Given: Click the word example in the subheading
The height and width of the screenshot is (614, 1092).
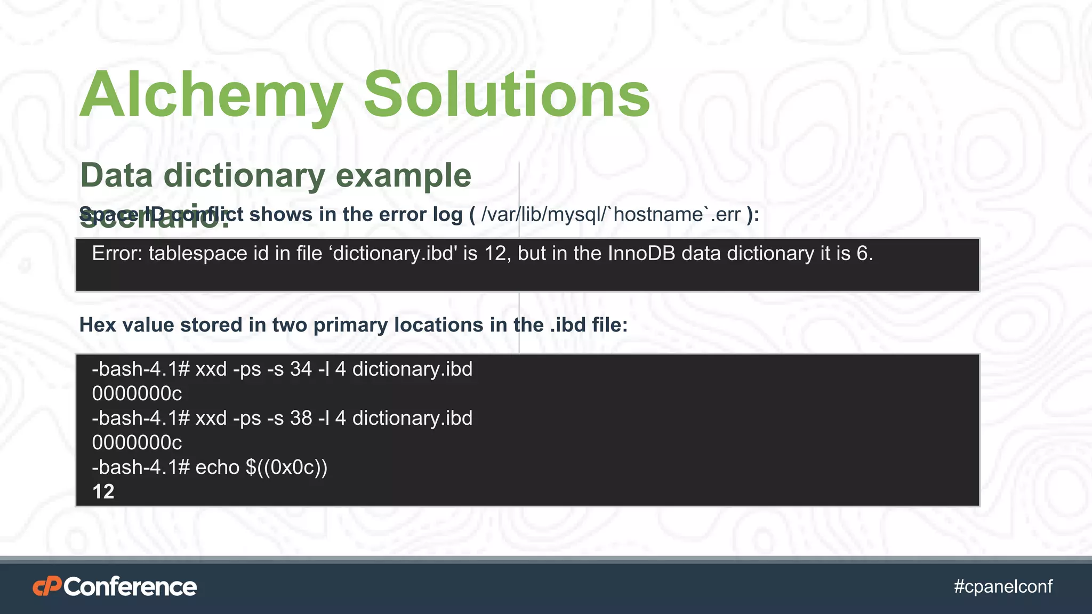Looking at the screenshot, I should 404,175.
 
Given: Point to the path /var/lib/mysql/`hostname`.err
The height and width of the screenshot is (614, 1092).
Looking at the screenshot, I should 611,214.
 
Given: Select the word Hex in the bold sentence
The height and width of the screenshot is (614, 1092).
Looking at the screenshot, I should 98,325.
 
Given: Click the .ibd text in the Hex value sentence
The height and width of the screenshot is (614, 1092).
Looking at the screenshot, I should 568,325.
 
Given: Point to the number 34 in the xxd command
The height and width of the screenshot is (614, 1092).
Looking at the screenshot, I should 301,369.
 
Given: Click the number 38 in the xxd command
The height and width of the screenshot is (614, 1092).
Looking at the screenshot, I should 301,418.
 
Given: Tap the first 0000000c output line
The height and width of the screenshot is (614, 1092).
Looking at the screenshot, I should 137,393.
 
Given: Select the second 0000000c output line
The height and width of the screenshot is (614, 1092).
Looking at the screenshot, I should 137,442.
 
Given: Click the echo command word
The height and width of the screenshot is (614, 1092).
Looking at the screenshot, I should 217,467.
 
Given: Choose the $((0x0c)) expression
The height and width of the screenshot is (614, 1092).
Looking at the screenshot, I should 286,467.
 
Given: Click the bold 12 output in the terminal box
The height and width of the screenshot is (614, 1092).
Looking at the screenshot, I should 103,491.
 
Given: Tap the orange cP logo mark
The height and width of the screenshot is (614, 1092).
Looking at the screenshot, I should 47,587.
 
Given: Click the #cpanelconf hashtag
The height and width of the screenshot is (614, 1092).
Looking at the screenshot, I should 1003,586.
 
